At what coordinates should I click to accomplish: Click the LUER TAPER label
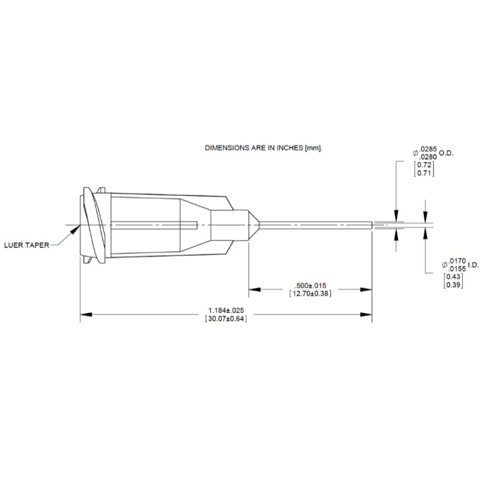click(x=26, y=245)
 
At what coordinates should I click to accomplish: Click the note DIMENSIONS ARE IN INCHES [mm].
click(x=263, y=148)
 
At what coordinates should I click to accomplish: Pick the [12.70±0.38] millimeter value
click(x=310, y=294)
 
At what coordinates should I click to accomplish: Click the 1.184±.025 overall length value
click(x=226, y=310)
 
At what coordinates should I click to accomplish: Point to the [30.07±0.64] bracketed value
click(x=226, y=319)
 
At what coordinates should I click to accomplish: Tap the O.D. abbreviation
click(x=446, y=153)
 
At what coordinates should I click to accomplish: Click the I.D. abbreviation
click(x=473, y=265)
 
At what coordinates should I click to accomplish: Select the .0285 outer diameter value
click(x=428, y=149)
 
